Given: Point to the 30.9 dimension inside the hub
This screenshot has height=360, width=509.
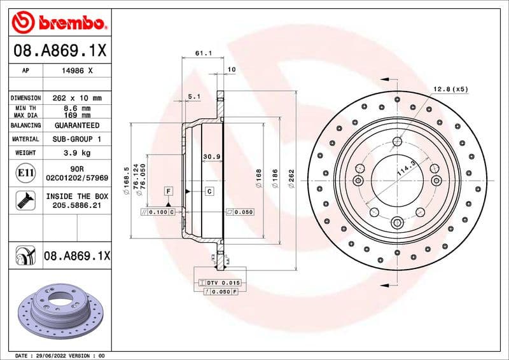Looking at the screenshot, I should point(211,156).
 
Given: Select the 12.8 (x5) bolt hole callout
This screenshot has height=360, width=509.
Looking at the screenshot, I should point(450,89).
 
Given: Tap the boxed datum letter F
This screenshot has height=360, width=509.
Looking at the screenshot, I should point(169,191).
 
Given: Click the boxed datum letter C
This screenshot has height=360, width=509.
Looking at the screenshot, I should point(209,191).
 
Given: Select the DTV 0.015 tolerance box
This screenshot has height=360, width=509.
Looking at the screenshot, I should point(220,282).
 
